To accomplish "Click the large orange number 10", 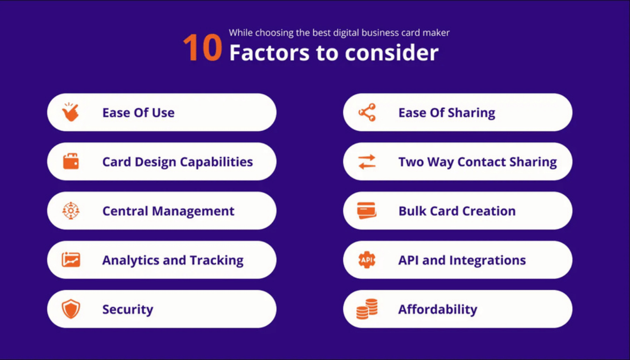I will tap(202, 48).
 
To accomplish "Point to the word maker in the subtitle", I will tap(437, 33).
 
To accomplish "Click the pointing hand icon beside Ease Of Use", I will tap(70, 112).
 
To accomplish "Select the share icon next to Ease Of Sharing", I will tap(367, 112).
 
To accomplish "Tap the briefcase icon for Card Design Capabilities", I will tap(71, 161).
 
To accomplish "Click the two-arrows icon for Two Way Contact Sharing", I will tap(367, 162).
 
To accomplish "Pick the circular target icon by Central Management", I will tap(71, 211).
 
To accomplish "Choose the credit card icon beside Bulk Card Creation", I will tap(367, 211).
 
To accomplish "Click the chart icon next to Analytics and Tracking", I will tap(71, 260).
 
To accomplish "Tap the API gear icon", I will tap(367, 260).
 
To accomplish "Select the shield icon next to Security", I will tap(71, 309).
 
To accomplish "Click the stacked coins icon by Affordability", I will tap(367, 309).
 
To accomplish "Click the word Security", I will tap(127, 309).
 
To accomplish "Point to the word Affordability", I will tap(437, 309).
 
